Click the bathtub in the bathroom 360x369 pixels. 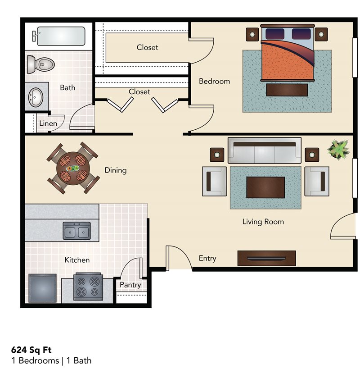(x=60, y=36)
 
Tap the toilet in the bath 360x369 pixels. (x=40, y=64)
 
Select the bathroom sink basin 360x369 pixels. (x=36, y=96)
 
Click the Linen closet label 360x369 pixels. (x=48, y=123)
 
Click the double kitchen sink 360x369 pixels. (x=76, y=231)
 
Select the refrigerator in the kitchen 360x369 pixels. (x=42, y=288)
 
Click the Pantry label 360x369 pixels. (x=130, y=285)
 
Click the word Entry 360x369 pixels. (x=207, y=258)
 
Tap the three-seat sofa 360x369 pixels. (x=264, y=150)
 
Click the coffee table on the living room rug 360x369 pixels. (x=265, y=187)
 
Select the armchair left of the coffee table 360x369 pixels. (x=214, y=181)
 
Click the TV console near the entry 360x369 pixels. (x=266, y=258)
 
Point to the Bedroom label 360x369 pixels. (x=214, y=81)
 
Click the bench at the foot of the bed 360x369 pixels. (x=287, y=90)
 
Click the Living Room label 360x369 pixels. (x=263, y=222)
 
